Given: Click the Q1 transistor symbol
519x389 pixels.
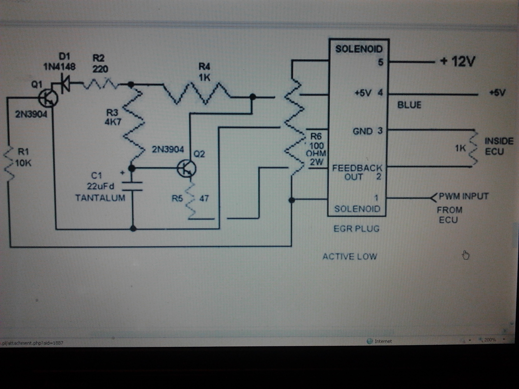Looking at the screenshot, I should click(48, 99).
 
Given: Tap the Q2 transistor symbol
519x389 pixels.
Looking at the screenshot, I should click(187, 168).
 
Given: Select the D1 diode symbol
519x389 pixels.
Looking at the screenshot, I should click(65, 83).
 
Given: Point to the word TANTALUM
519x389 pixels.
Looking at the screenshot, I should click(100, 198).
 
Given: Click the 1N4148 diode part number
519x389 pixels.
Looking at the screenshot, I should click(60, 67).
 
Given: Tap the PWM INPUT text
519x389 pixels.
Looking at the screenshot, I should click(464, 196).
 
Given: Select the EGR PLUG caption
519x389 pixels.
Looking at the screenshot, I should click(356, 229).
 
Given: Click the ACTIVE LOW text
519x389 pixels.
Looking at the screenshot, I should click(350, 257).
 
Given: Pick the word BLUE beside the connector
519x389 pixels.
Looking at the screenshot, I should click(409, 105).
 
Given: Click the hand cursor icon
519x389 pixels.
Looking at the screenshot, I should click(466, 255).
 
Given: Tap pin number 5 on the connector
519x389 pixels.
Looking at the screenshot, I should click(380, 62).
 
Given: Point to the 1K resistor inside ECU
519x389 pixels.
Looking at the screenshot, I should click(473, 148).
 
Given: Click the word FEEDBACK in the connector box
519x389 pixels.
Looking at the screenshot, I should click(357, 168).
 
